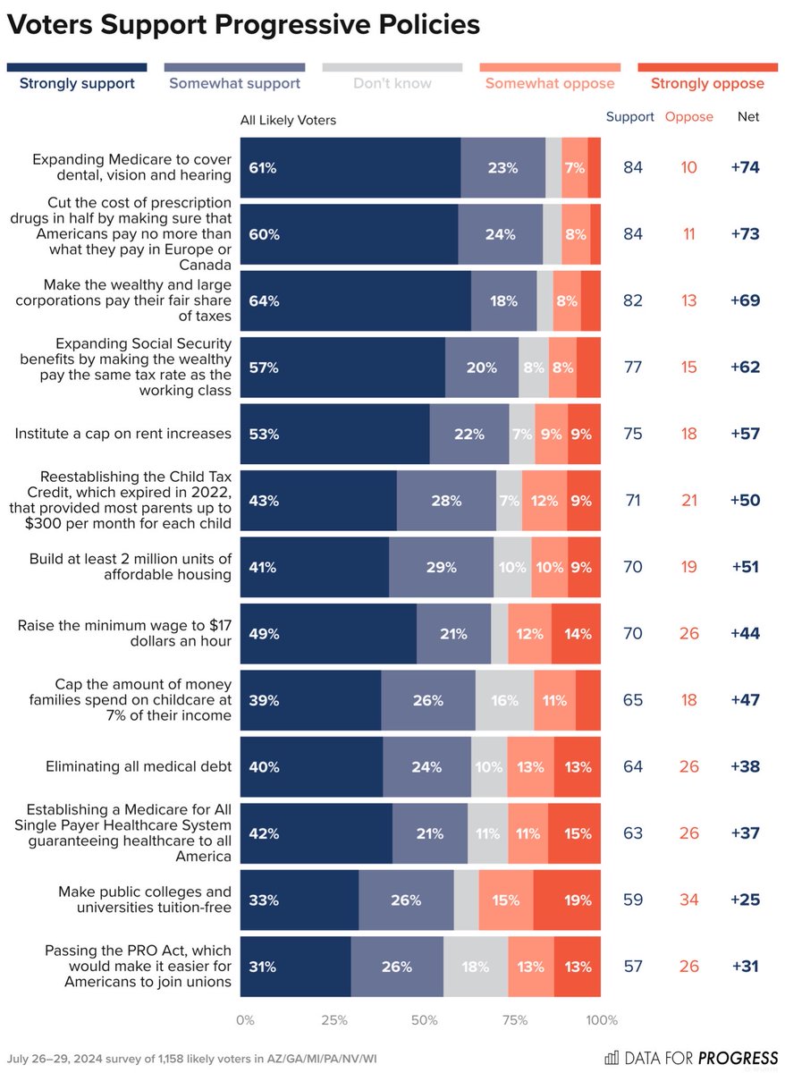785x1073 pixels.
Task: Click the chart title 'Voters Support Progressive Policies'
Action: coord(243,25)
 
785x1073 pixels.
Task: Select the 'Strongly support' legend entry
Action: coord(77,84)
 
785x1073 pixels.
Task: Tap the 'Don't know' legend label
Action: coord(392,84)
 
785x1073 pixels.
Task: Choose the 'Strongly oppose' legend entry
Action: coord(707,84)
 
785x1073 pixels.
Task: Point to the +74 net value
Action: coord(744,168)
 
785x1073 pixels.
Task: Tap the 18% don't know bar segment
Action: coord(476,967)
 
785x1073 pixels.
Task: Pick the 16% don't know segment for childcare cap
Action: coord(504,700)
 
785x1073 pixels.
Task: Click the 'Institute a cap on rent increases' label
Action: coord(122,434)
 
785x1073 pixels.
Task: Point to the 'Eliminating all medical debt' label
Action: coord(139,766)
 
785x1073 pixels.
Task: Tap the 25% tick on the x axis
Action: coord(333,1020)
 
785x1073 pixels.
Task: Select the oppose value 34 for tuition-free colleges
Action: coord(688,900)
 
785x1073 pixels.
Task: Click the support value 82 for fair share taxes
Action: coord(633,301)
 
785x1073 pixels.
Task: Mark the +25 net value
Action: coord(744,900)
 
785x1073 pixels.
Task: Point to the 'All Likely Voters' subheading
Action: coord(288,121)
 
